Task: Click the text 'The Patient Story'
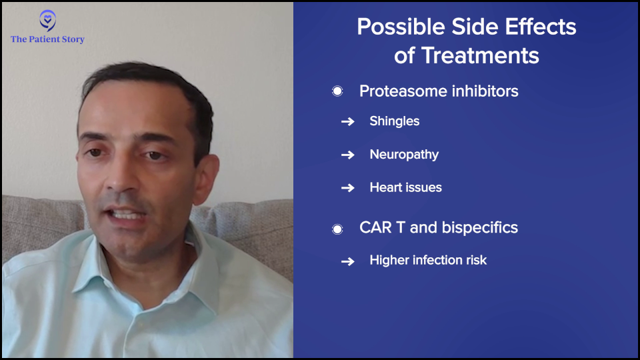48,39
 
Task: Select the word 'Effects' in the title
541,27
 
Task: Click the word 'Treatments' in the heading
480,55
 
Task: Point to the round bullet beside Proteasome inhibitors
337,91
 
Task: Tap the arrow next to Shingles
348,121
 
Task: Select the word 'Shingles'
394,121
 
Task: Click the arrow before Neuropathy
348,155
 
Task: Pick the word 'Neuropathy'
404,155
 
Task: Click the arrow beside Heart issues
348,188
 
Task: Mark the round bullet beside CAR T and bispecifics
337,229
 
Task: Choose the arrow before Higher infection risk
348,261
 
